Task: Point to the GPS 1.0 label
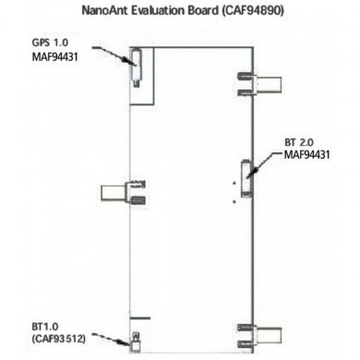pyautogui.click(x=52, y=43)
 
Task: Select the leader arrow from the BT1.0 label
pyautogui.click(x=115, y=332)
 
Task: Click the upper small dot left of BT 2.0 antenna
pyautogui.click(x=236, y=184)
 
